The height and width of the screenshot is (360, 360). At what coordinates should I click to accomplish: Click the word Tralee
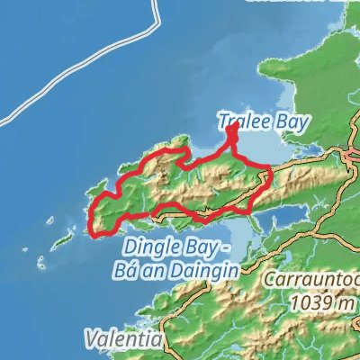239,120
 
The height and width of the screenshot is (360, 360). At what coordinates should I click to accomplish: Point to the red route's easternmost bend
272,173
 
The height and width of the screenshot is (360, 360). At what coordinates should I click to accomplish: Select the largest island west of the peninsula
63,241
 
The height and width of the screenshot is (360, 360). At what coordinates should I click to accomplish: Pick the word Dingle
147,247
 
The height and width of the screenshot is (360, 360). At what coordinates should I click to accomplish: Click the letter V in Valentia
92,340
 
